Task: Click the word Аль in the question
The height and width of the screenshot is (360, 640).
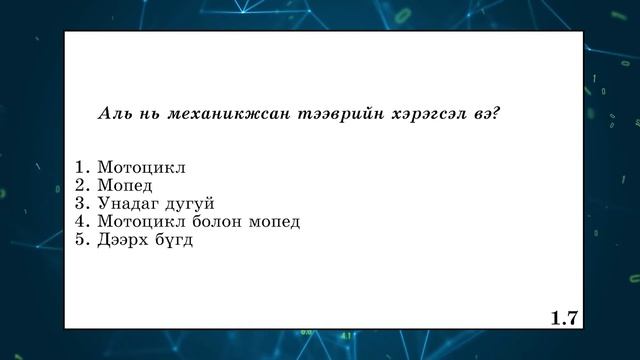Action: [112, 113]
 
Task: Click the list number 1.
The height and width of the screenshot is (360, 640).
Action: [82, 167]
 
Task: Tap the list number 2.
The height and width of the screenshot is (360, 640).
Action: [82, 185]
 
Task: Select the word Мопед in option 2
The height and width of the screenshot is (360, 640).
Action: [124, 185]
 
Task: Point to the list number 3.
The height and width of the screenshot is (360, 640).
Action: [82, 203]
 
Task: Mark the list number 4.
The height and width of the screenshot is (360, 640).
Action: [82, 221]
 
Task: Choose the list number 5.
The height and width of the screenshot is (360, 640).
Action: [82, 239]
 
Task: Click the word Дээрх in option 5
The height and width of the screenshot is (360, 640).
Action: [123, 240]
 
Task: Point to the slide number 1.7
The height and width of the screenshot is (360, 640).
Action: [564, 318]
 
